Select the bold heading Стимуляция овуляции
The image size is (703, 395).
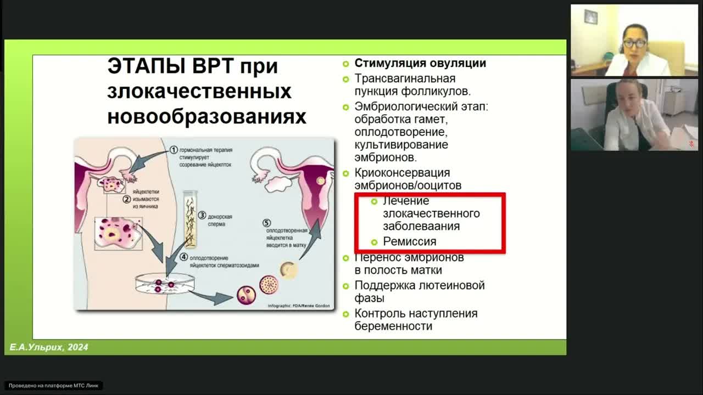tap(420, 63)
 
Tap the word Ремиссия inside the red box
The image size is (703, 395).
tap(409, 241)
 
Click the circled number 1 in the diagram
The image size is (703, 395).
tap(174, 149)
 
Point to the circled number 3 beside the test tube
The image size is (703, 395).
tap(202, 216)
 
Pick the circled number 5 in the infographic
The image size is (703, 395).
tap(267, 223)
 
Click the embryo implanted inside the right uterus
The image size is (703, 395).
tap(321, 180)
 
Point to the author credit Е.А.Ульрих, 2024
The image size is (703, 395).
tap(49, 347)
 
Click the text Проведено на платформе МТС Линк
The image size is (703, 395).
tap(54, 386)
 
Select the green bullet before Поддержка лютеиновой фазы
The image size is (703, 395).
tap(345, 286)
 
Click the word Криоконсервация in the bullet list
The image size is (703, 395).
tap(402, 173)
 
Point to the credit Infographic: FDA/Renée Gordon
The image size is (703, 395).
tap(299, 306)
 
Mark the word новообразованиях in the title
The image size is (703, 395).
tap(207, 117)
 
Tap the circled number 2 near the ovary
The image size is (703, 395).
tap(126, 200)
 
